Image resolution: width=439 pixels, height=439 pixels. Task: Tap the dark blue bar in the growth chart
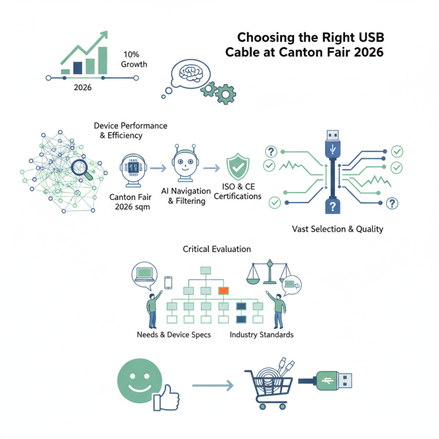pos(77,67)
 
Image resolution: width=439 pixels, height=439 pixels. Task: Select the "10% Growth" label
pos(134,59)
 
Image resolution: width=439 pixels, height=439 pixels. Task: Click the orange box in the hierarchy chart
pos(223,290)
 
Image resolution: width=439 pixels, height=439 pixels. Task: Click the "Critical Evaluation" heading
pos(217,249)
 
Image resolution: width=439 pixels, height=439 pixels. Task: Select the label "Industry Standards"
pos(261,335)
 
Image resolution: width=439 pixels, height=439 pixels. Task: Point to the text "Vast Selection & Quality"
pos(337,229)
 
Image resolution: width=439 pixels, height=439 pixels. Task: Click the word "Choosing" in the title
pos(262,38)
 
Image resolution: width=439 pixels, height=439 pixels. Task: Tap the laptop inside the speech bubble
pos(146,272)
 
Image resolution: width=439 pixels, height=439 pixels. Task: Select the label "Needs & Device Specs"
pos(173,335)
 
